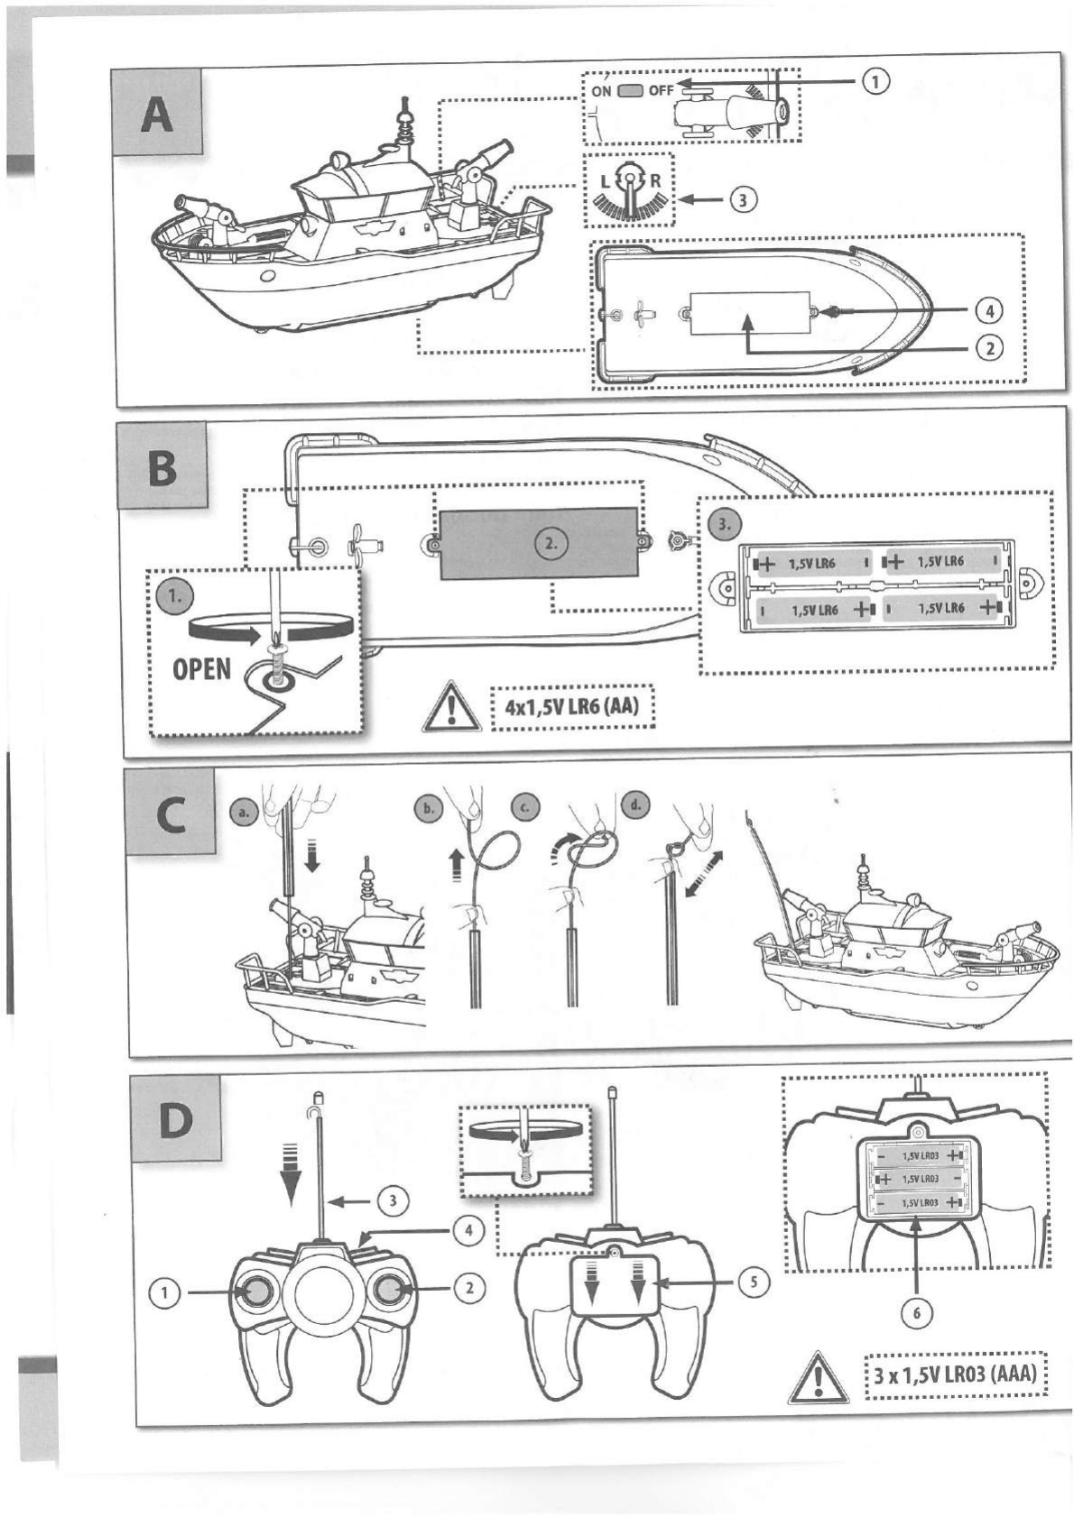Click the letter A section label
pos(157,115)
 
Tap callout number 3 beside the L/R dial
pos(742,199)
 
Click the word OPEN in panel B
pos(202,669)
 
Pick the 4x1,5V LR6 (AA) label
pos(571,705)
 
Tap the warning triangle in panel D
pos(818,1378)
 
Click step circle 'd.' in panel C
pos(635,805)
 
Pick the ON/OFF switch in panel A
pos(631,90)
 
